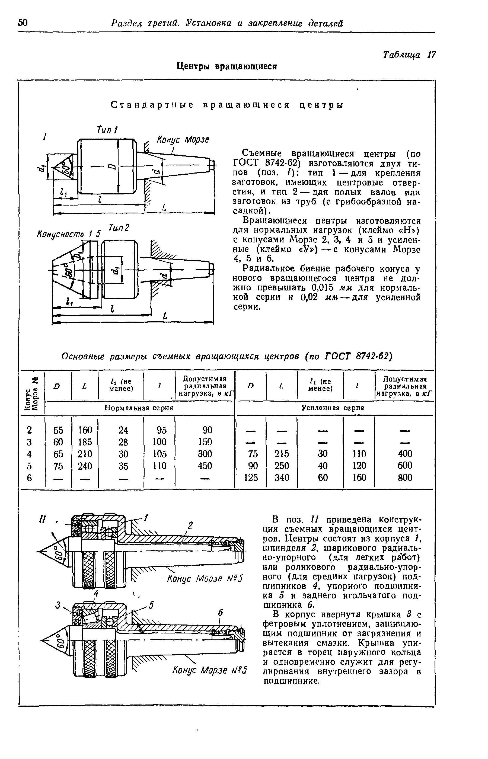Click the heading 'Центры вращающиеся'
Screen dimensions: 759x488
click(x=227, y=66)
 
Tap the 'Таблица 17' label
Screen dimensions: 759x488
click(x=409, y=55)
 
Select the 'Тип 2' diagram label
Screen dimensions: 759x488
click(x=119, y=228)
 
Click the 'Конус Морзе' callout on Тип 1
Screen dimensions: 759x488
click(x=183, y=140)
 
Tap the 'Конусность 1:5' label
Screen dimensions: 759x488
click(x=68, y=234)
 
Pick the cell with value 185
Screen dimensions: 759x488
click(x=85, y=441)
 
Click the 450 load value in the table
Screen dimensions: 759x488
click(x=205, y=466)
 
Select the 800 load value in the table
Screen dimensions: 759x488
click(x=405, y=477)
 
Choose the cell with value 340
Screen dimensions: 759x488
click(x=282, y=477)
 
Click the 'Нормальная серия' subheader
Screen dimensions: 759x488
click(x=139, y=408)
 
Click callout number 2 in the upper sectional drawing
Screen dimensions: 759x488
click(x=190, y=526)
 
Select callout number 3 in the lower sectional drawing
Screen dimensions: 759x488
click(x=58, y=605)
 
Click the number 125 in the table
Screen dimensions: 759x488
click(x=251, y=477)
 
